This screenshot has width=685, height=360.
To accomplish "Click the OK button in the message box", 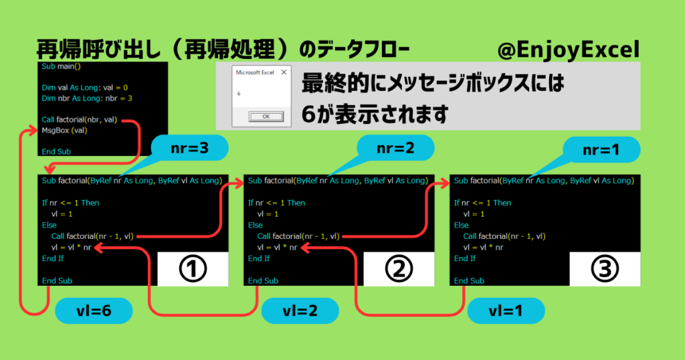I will point(266,116).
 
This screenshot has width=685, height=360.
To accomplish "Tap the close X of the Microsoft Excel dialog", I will point(283,72).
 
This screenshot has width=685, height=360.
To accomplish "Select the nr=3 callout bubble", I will point(190,148).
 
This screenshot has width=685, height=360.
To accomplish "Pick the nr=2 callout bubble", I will point(395,148).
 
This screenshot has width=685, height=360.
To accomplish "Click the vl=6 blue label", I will point(94,310).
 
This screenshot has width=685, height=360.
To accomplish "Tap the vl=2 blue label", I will point(300,310).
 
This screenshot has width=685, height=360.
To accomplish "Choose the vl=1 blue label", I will point(506,310).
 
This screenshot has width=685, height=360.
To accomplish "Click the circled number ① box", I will point(191,269).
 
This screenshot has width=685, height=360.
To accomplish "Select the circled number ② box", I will point(397,269).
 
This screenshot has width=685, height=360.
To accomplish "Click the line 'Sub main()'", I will point(61,67).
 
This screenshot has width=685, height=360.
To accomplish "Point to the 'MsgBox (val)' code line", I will point(64,130).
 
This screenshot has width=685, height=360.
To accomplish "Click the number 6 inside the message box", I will point(239,94).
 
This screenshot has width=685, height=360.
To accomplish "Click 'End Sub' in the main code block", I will point(56,152).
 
